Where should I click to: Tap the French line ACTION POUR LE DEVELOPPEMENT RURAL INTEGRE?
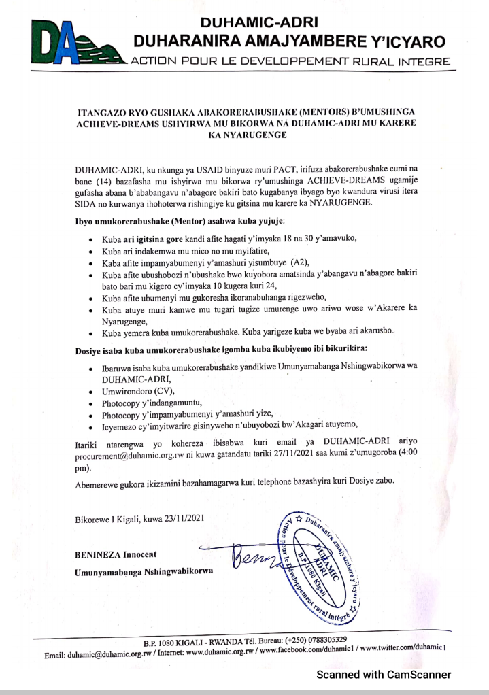(x=292, y=62)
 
